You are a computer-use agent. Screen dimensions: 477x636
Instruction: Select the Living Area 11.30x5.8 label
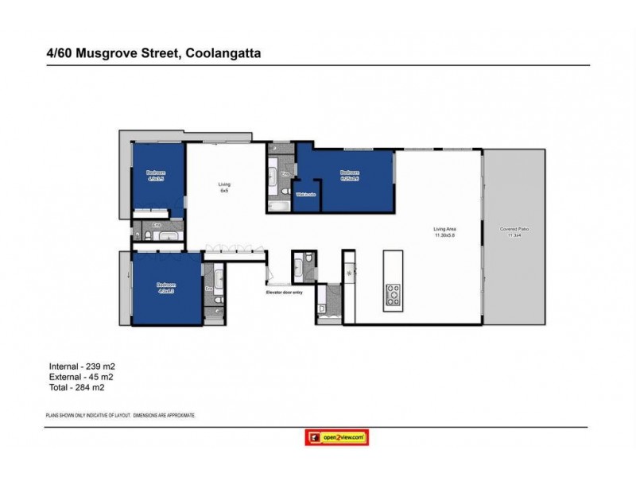(x=444, y=232)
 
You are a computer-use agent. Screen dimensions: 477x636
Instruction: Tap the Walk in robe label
(x=307, y=195)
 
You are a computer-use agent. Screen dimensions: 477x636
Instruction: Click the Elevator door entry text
(x=285, y=293)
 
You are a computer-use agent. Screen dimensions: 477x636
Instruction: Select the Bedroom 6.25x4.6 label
(x=350, y=175)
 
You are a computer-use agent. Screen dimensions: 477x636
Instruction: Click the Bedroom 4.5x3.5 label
(x=155, y=176)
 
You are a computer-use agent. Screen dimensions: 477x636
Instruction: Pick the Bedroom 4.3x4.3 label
(x=165, y=288)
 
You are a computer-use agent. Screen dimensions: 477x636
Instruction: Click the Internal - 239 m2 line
(x=83, y=366)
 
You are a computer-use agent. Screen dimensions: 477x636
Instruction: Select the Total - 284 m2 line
(x=77, y=389)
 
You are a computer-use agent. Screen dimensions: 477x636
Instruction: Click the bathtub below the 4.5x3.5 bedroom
(x=169, y=236)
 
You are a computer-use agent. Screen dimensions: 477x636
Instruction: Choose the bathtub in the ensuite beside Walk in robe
(x=280, y=206)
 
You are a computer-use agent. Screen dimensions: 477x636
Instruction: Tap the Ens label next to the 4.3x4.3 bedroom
(x=208, y=289)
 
